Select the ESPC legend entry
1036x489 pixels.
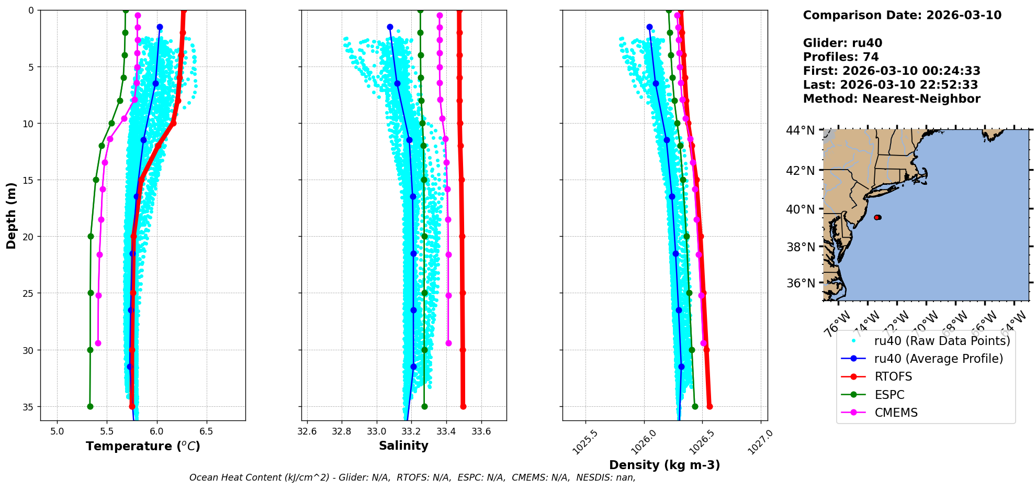(889, 395)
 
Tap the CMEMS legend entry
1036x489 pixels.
(896, 413)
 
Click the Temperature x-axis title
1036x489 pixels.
(143, 446)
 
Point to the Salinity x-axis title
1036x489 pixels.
(403, 446)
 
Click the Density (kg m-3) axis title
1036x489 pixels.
(665, 465)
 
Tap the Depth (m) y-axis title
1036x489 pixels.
(12, 215)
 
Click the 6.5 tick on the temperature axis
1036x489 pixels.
(206, 432)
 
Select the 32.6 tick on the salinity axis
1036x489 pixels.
(307, 432)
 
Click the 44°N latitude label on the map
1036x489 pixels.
(800, 130)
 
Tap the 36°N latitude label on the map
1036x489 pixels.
(800, 283)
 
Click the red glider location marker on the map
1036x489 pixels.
(877, 217)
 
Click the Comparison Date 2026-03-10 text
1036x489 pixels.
(902, 15)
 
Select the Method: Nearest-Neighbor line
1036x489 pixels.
(892, 99)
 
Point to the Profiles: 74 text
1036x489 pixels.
(841, 57)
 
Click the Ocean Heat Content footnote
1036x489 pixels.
(412, 477)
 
